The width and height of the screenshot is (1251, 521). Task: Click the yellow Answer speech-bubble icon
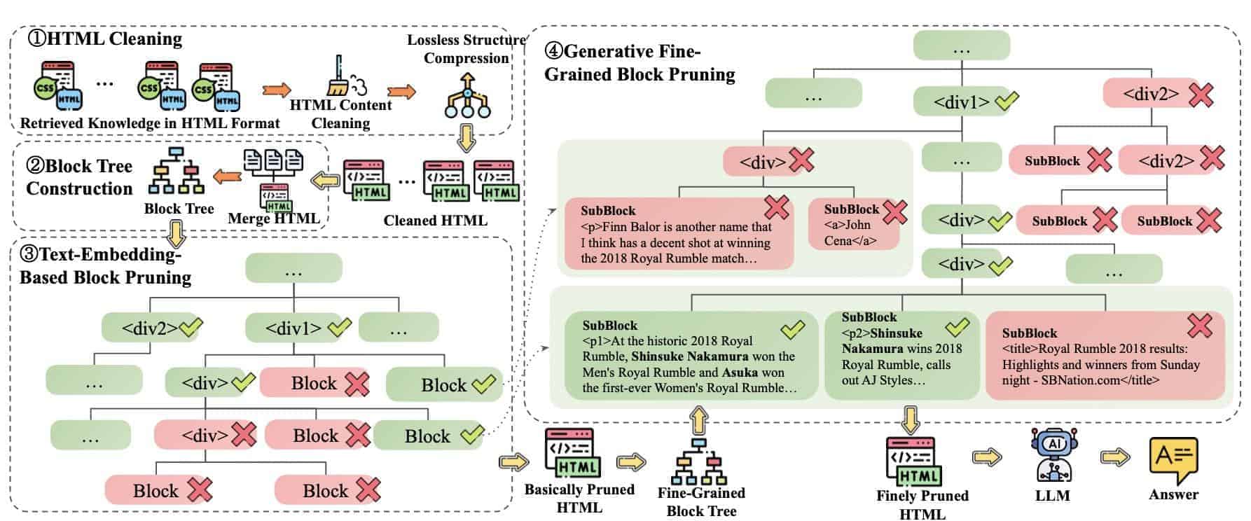1173,459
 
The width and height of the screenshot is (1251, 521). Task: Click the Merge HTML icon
274,178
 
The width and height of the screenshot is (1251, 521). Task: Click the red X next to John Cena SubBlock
894,211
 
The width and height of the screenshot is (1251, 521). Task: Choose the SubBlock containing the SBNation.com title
1104,356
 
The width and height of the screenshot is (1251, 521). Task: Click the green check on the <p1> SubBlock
792,328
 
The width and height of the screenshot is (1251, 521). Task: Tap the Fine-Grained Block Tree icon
700,462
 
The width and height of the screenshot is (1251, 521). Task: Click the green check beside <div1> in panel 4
1006,102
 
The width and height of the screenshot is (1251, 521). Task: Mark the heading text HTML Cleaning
115,39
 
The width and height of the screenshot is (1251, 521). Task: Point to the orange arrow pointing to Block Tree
227,176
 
